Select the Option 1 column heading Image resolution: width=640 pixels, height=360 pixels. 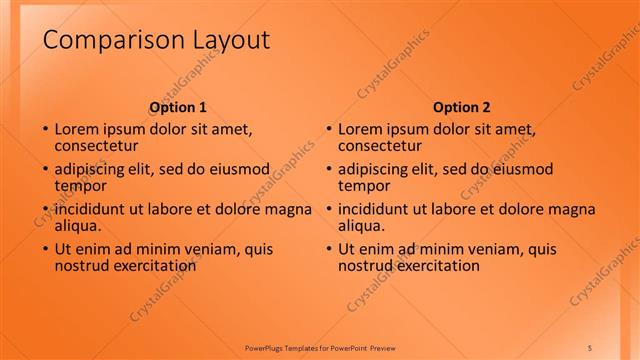point(178,107)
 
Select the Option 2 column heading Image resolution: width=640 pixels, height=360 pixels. point(461,107)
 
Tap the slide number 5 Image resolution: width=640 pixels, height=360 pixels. point(589,347)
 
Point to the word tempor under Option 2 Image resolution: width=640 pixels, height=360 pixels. point(364,186)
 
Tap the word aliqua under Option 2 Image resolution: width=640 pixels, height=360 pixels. point(362,226)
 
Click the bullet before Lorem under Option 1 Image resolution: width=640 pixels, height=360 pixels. point(44,130)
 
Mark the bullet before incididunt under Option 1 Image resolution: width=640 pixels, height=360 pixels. point(44,210)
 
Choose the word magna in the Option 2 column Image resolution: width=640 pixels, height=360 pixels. point(573,209)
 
